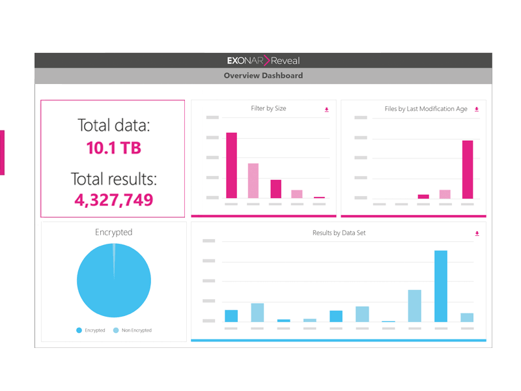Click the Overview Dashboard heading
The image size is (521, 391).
(x=263, y=76)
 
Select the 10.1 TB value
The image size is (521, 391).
(x=113, y=148)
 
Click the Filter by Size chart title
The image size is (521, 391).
(x=268, y=109)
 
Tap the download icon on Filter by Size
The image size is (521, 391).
(x=327, y=109)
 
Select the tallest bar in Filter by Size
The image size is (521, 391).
(x=231, y=166)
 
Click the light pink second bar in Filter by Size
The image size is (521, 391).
(x=253, y=181)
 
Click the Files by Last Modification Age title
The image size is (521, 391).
(x=426, y=109)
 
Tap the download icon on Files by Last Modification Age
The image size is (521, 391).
(x=477, y=109)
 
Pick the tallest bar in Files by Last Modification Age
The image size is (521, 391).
(x=467, y=169)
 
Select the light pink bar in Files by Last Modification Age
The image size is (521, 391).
(x=445, y=194)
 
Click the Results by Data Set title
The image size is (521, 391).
(x=339, y=233)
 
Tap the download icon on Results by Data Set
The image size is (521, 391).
(x=477, y=233)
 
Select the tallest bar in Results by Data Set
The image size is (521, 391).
(x=441, y=286)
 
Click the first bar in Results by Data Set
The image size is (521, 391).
(x=231, y=315)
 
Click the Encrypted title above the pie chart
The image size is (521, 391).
(x=113, y=232)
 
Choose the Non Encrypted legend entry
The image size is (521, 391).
(x=133, y=330)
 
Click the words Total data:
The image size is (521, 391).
(x=113, y=125)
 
